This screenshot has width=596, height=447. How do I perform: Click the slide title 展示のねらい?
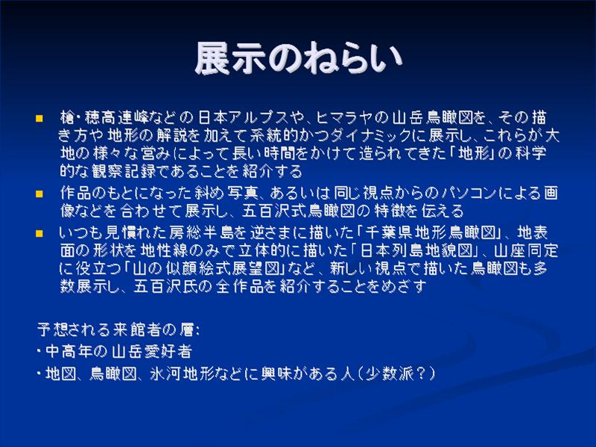coord(299,58)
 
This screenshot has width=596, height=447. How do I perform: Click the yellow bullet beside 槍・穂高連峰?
coord(39,118)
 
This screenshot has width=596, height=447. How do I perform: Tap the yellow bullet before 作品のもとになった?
coord(39,194)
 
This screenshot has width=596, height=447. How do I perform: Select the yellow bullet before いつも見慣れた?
coord(39,233)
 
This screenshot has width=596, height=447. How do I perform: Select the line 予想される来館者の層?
coord(118,329)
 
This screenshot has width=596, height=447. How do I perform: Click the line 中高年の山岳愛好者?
coord(115,351)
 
